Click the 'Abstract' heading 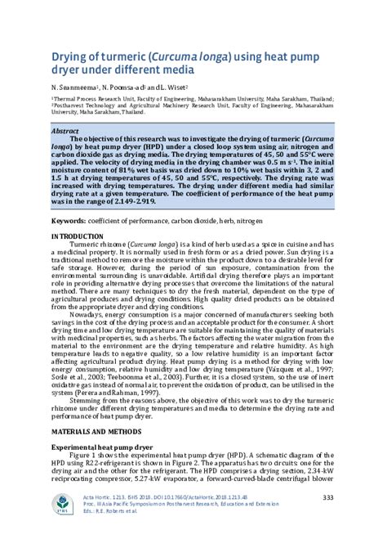point(65,130)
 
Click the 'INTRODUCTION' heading point(82,236)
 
